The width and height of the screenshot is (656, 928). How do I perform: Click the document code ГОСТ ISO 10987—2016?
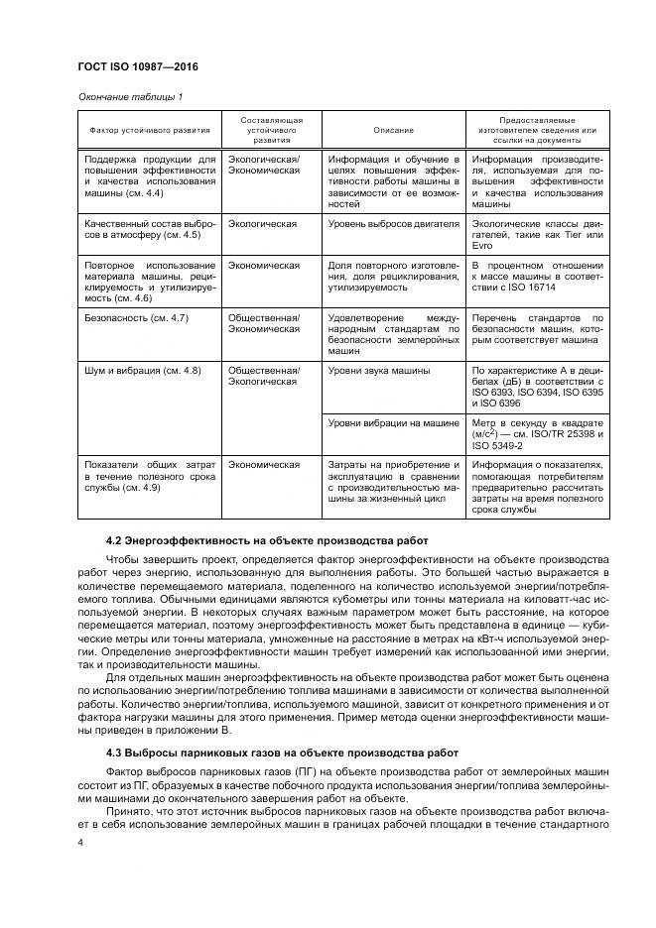pyautogui.click(x=139, y=66)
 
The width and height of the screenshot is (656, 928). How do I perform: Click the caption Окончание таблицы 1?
pyautogui.click(x=129, y=96)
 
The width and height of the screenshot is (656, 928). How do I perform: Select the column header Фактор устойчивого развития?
pyautogui.click(x=149, y=130)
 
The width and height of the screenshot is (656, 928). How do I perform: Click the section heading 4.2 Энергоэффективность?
pyautogui.click(x=266, y=540)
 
